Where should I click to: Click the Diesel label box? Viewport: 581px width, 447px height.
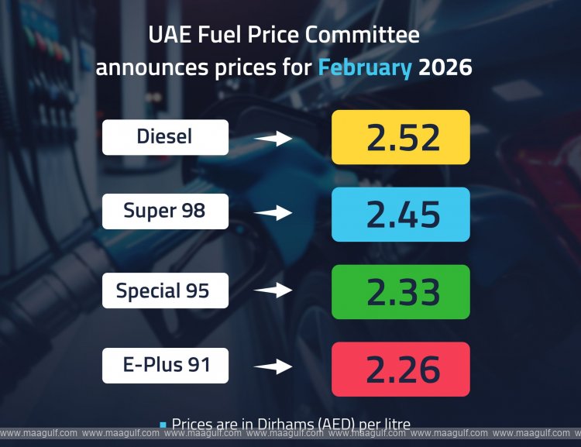pyautogui.click(x=165, y=137)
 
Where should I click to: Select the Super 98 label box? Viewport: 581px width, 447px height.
pyautogui.click(x=165, y=210)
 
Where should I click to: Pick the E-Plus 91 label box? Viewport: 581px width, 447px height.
pyautogui.click(x=165, y=365)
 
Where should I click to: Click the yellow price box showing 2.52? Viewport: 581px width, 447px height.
pyautogui.click(x=401, y=137)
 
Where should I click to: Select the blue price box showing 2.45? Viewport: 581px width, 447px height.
pyautogui.click(x=401, y=215)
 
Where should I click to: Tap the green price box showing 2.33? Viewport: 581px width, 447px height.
pyautogui.click(x=401, y=292)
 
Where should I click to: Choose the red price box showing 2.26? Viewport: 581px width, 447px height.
pyautogui.click(x=401, y=369)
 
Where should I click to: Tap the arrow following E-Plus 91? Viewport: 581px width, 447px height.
pyautogui.click(x=273, y=366)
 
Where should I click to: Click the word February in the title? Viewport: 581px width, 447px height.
pyautogui.click(x=365, y=68)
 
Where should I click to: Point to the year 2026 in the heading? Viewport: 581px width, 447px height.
pyautogui.click(x=445, y=67)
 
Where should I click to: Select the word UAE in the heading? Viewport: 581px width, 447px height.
pyautogui.click(x=168, y=36)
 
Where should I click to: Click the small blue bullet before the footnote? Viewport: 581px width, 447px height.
pyautogui.click(x=163, y=425)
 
